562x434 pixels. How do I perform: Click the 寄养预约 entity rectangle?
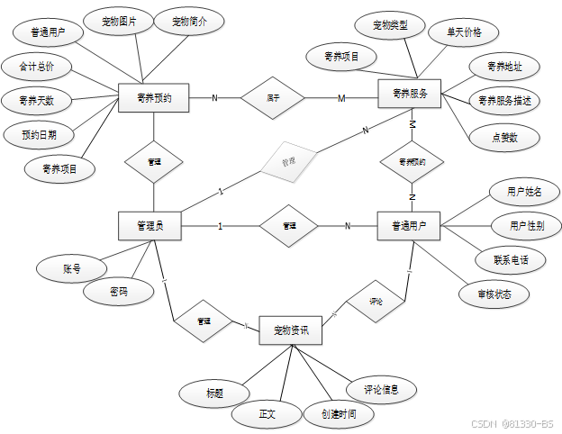(153, 98)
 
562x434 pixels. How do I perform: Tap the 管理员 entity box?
(150, 226)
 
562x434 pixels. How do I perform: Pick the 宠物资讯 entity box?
(291, 330)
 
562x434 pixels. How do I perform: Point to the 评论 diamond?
(376, 302)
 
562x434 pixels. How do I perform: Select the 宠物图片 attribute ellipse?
(117, 22)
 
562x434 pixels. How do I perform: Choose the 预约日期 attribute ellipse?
(39, 135)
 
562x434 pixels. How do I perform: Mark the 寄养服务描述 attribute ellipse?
(504, 101)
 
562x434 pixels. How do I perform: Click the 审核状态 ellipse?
(491, 294)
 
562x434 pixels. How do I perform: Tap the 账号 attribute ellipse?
(71, 268)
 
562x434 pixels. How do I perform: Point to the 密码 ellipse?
(118, 292)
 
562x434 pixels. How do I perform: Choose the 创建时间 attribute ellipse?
(331, 414)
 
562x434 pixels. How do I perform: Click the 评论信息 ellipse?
(382, 389)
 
